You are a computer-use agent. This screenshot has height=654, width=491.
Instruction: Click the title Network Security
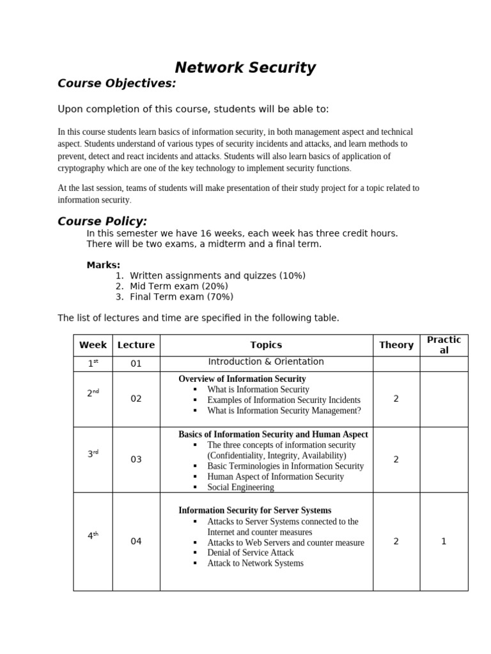tap(245, 68)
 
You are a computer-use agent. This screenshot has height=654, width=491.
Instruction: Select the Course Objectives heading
tap(116, 84)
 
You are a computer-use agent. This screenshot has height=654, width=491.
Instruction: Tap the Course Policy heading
tap(102, 222)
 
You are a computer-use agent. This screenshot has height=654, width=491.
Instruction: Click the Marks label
tap(103, 265)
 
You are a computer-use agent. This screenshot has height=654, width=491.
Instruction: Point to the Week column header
tap(93, 345)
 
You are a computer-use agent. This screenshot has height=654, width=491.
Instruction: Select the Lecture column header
tap(136, 345)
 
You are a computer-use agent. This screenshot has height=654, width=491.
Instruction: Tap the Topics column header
tap(266, 345)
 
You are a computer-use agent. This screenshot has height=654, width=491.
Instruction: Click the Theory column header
tap(396, 345)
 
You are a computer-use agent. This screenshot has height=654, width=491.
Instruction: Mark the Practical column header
tap(444, 345)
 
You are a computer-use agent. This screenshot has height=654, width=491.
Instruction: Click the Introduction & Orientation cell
tap(266, 361)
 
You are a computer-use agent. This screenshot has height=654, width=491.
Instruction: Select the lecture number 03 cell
tap(136, 459)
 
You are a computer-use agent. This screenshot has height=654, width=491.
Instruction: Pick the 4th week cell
tap(93, 536)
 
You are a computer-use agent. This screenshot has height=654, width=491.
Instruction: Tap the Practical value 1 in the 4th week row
tap(444, 542)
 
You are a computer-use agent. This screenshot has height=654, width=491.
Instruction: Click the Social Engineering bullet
tap(240, 487)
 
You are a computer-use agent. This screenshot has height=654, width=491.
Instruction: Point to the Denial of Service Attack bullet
tap(251, 553)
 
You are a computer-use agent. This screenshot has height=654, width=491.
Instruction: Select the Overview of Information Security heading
tap(242, 379)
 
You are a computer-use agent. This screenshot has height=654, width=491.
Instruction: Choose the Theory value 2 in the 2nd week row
tap(396, 399)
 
